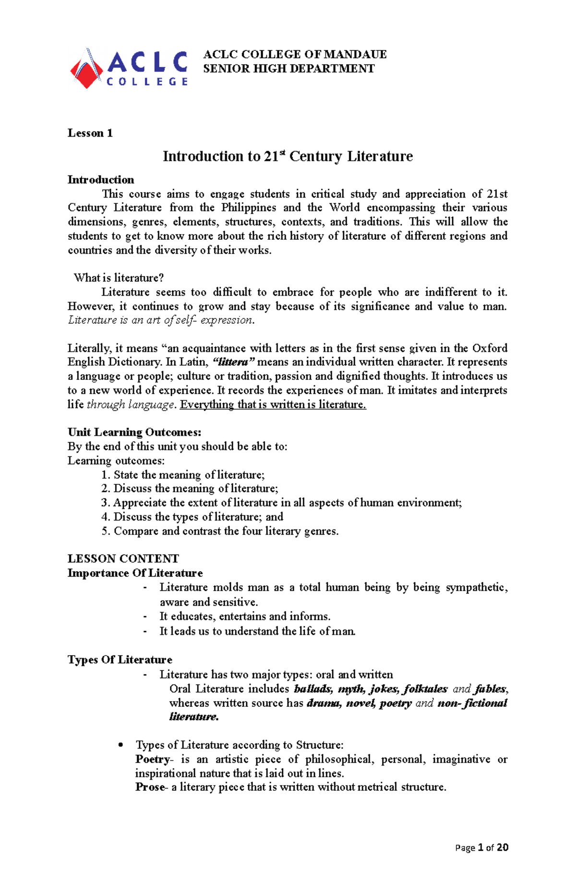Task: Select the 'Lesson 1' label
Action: tap(90, 133)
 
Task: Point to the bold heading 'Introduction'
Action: tap(101, 180)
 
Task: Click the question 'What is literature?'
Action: tap(119, 278)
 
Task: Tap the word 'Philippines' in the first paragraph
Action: tap(249, 208)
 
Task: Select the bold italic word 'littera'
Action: tap(234, 362)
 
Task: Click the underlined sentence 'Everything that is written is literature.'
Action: tap(273, 404)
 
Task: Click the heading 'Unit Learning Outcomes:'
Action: tap(134, 432)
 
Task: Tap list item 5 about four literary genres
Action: tap(226, 531)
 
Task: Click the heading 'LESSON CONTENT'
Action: tap(123, 559)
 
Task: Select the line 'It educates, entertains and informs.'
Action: tap(245, 616)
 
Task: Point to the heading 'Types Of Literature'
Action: tap(120, 660)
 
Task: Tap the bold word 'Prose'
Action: tap(150, 787)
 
